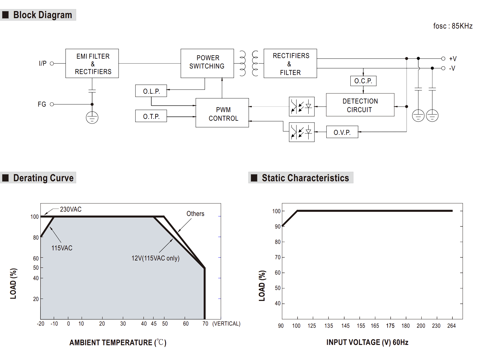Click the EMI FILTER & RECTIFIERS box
click(x=92, y=63)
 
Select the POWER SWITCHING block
click(x=207, y=63)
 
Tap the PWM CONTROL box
click(x=222, y=113)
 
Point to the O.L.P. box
click(x=151, y=91)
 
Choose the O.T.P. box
click(x=151, y=116)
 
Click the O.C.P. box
click(x=363, y=81)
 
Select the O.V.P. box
click(x=342, y=132)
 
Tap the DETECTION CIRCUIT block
click(x=360, y=105)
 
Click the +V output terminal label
click(x=453, y=59)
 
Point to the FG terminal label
click(x=42, y=104)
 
